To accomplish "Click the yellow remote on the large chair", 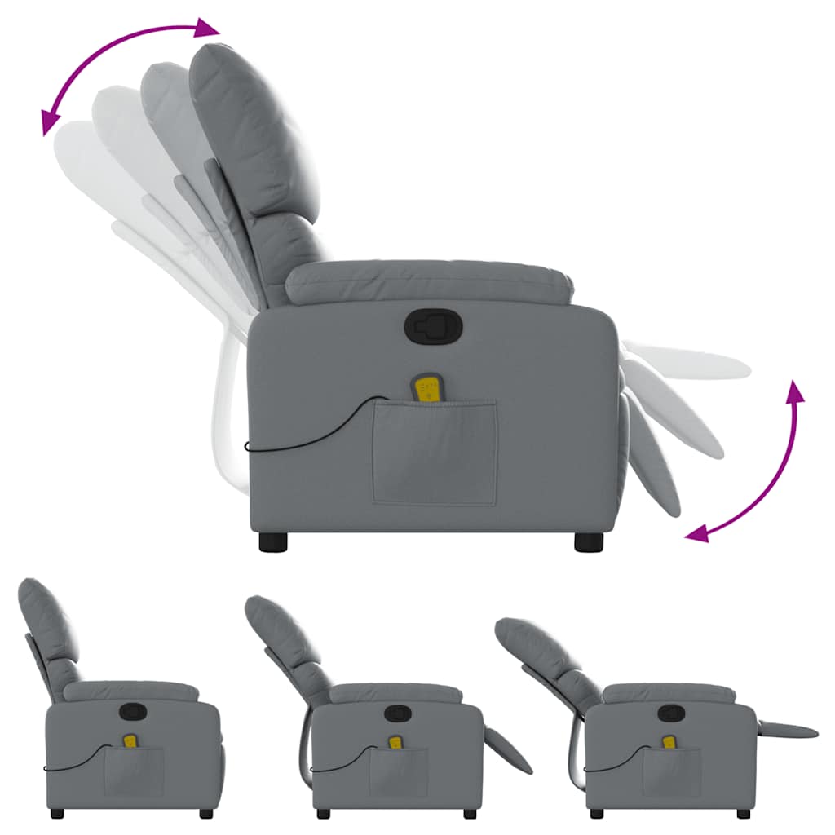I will (x=426, y=389).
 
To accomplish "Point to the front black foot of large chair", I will (x=588, y=542).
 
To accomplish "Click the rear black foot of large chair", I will (x=275, y=542).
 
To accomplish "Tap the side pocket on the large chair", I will (x=435, y=453).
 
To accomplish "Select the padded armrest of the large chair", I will (x=428, y=282).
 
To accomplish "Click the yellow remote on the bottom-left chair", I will (x=130, y=741).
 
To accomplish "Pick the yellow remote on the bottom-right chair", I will (x=669, y=742).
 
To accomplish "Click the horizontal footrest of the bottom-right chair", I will (x=787, y=730).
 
